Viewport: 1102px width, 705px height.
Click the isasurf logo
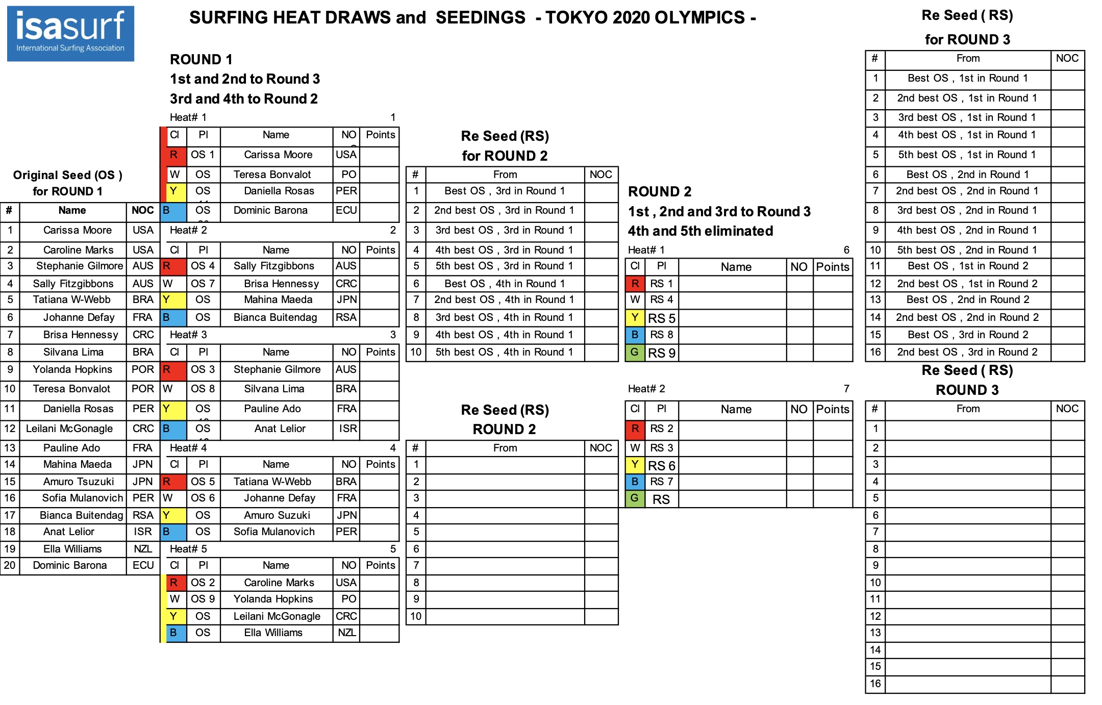point(70,34)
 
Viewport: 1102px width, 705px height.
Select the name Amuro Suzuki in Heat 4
point(277,515)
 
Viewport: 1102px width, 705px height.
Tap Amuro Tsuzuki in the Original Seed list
point(78,482)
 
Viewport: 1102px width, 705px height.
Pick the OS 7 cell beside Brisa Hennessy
point(203,284)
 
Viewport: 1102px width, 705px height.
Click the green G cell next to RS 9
point(635,352)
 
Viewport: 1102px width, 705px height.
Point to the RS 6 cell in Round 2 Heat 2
point(661,465)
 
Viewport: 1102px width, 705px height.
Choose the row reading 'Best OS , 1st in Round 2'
point(967,266)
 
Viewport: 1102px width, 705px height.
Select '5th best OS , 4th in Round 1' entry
point(505,352)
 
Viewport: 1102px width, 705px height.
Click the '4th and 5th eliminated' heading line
point(700,231)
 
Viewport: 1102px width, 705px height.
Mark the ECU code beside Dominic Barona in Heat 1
point(346,210)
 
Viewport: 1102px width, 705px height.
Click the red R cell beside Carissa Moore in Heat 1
point(173,155)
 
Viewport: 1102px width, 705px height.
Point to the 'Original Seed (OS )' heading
point(67,175)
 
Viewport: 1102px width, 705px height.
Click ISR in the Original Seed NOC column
point(143,532)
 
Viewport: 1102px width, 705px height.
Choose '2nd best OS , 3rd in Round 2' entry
point(967,352)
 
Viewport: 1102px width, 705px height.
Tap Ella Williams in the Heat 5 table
point(273,633)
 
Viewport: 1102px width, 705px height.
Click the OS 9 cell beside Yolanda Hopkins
point(203,599)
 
